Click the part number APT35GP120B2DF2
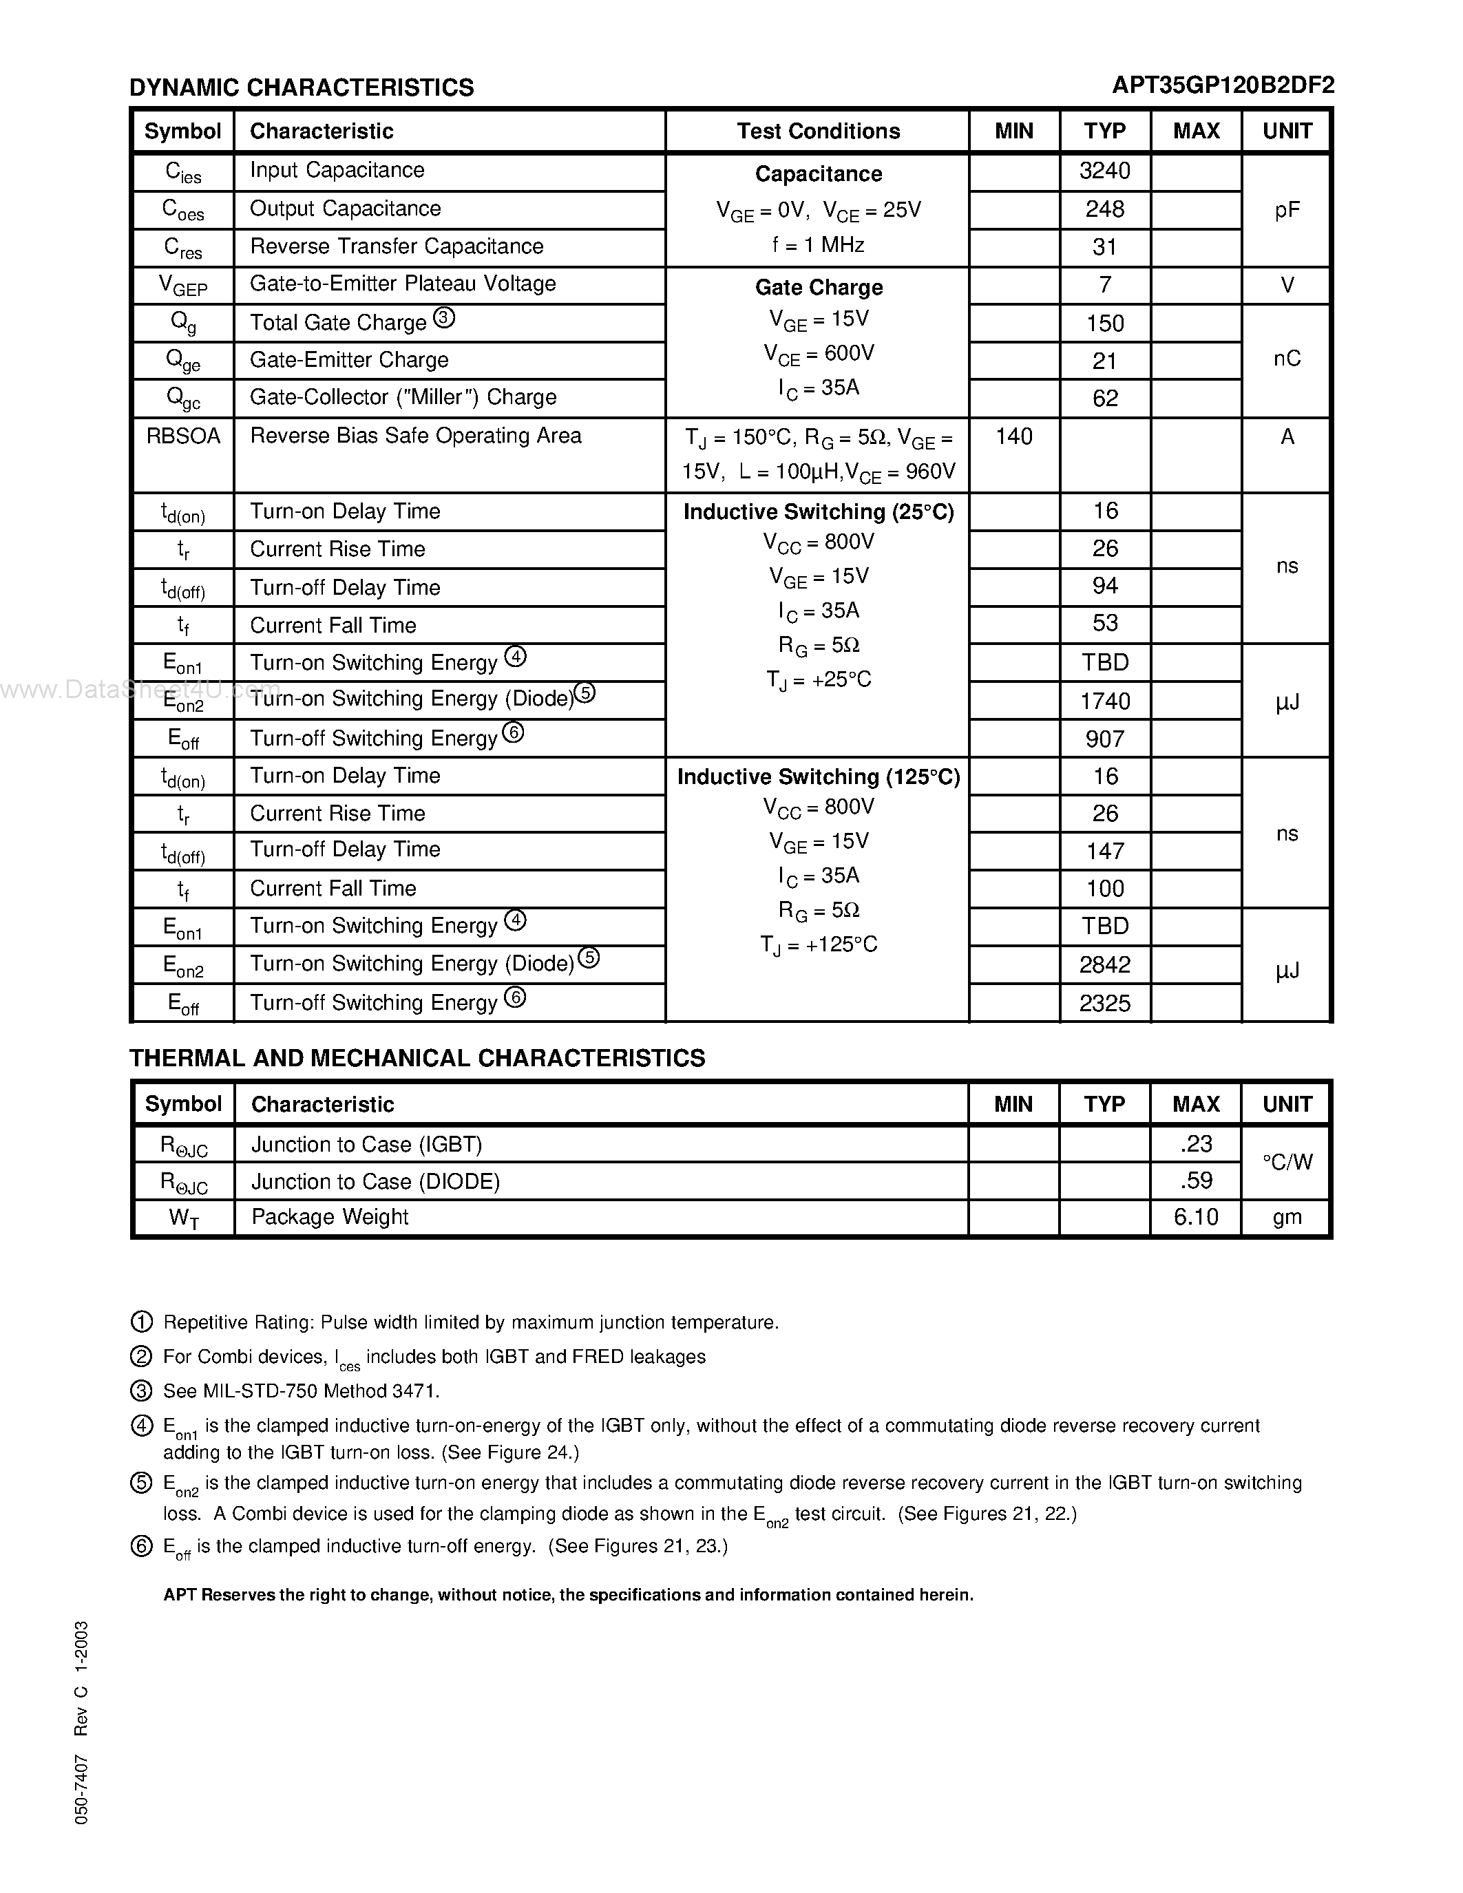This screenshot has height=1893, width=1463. pos(1223,85)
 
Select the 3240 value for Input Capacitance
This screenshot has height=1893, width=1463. pos(1104,171)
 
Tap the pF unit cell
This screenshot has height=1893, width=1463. pos(1286,210)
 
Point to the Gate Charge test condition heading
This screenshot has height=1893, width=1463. pos(818,287)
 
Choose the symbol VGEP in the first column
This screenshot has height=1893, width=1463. pos(183,285)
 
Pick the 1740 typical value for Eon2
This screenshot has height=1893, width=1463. pos(1104,700)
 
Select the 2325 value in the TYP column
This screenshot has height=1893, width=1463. pos(1104,1003)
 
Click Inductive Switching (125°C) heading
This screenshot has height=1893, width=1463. pos(818,776)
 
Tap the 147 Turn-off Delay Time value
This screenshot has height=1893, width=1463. pos(1104,851)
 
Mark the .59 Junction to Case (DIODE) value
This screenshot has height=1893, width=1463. pos(1195,1181)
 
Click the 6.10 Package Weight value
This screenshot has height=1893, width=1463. pos(1195,1217)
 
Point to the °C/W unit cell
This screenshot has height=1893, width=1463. pos(1286,1163)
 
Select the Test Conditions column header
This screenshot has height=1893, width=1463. pos(818,131)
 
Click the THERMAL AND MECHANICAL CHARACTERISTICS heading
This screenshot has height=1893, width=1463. pos(417,1057)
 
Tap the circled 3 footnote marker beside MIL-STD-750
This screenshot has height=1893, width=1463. pos(141,1391)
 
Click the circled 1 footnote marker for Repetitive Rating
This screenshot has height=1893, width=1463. pos(141,1322)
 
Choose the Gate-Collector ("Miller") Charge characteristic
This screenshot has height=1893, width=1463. pos(403,397)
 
